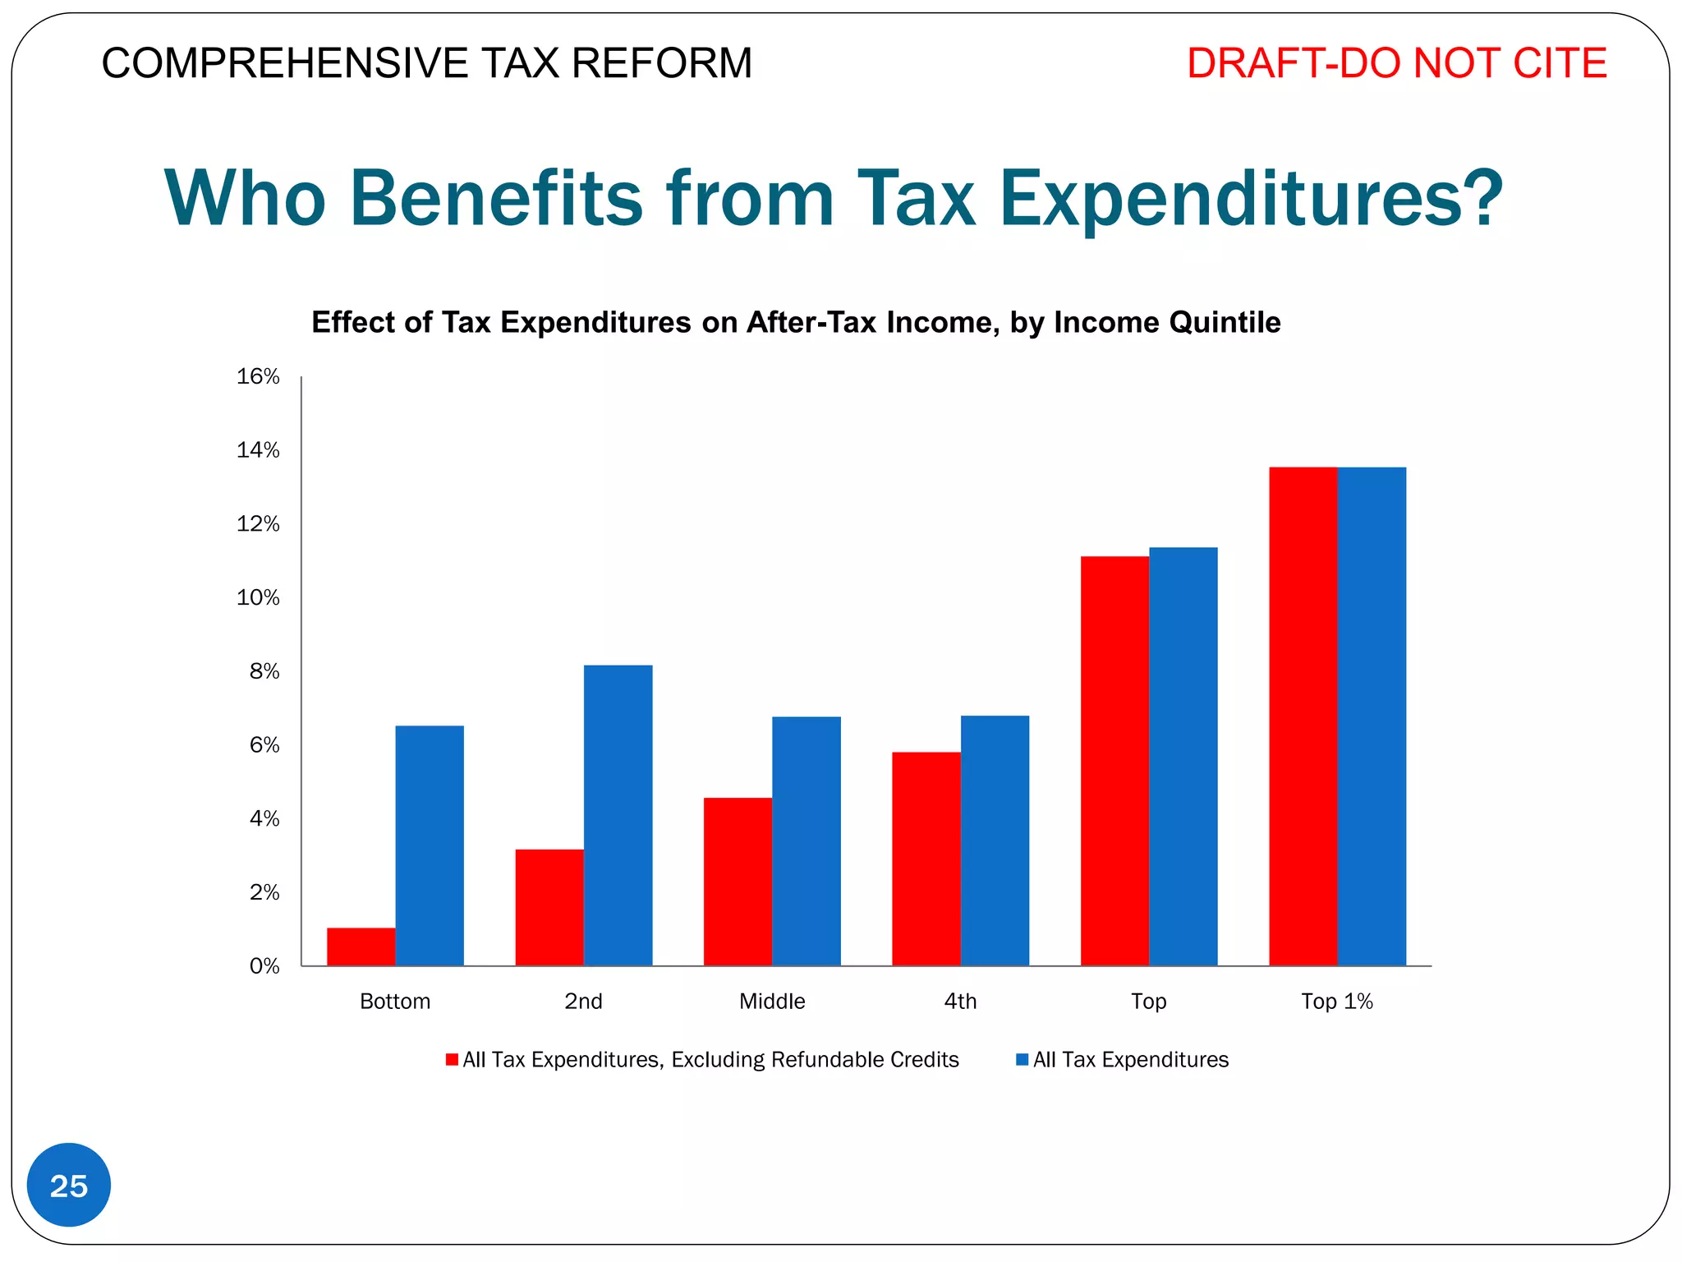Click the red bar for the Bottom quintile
point(361,946)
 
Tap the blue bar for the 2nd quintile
point(618,815)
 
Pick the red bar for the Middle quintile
point(738,881)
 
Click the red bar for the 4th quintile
point(926,858)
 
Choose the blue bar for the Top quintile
point(1183,756)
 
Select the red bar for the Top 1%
point(1303,716)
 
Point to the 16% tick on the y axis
point(258,376)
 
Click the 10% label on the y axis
point(258,597)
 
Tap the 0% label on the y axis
point(264,966)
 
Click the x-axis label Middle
point(772,1001)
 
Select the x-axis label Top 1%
point(1336,1001)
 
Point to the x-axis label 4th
point(960,1001)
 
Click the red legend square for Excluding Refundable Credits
point(452,1059)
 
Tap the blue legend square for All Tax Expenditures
point(1022,1059)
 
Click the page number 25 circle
point(69,1185)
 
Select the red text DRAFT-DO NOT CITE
point(1395,63)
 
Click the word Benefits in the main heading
point(496,199)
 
